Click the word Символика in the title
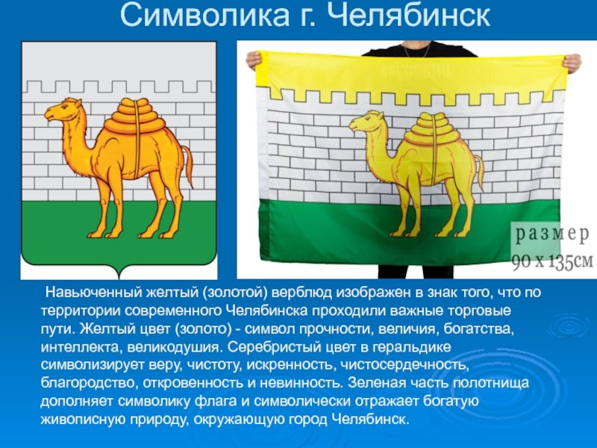(x=204, y=15)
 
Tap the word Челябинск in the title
(x=408, y=15)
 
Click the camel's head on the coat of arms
(x=62, y=110)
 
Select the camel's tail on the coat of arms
(x=187, y=164)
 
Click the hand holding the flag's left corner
(x=253, y=60)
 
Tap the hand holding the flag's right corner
(x=572, y=63)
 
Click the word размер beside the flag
(x=552, y=235)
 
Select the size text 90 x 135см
(x=552, y=262)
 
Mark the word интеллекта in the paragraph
(x=81, y=347)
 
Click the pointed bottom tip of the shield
(x=119, y=279)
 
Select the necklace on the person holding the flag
(x=417, y=49)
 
